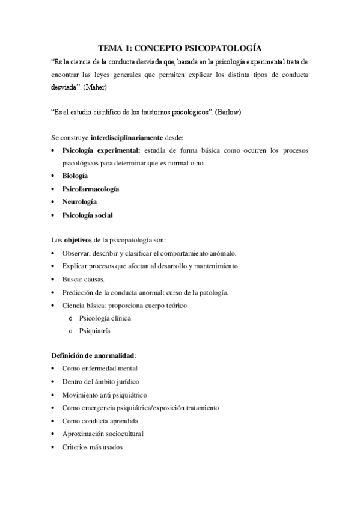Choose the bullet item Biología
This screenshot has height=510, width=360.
[75, 176]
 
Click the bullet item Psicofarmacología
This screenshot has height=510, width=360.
[90, 189]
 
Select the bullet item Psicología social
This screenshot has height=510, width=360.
[87, 215]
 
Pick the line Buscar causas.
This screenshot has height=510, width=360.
[84, 280]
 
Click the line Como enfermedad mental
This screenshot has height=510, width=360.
[100, 369]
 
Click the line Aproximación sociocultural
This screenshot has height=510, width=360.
[103, 434]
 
